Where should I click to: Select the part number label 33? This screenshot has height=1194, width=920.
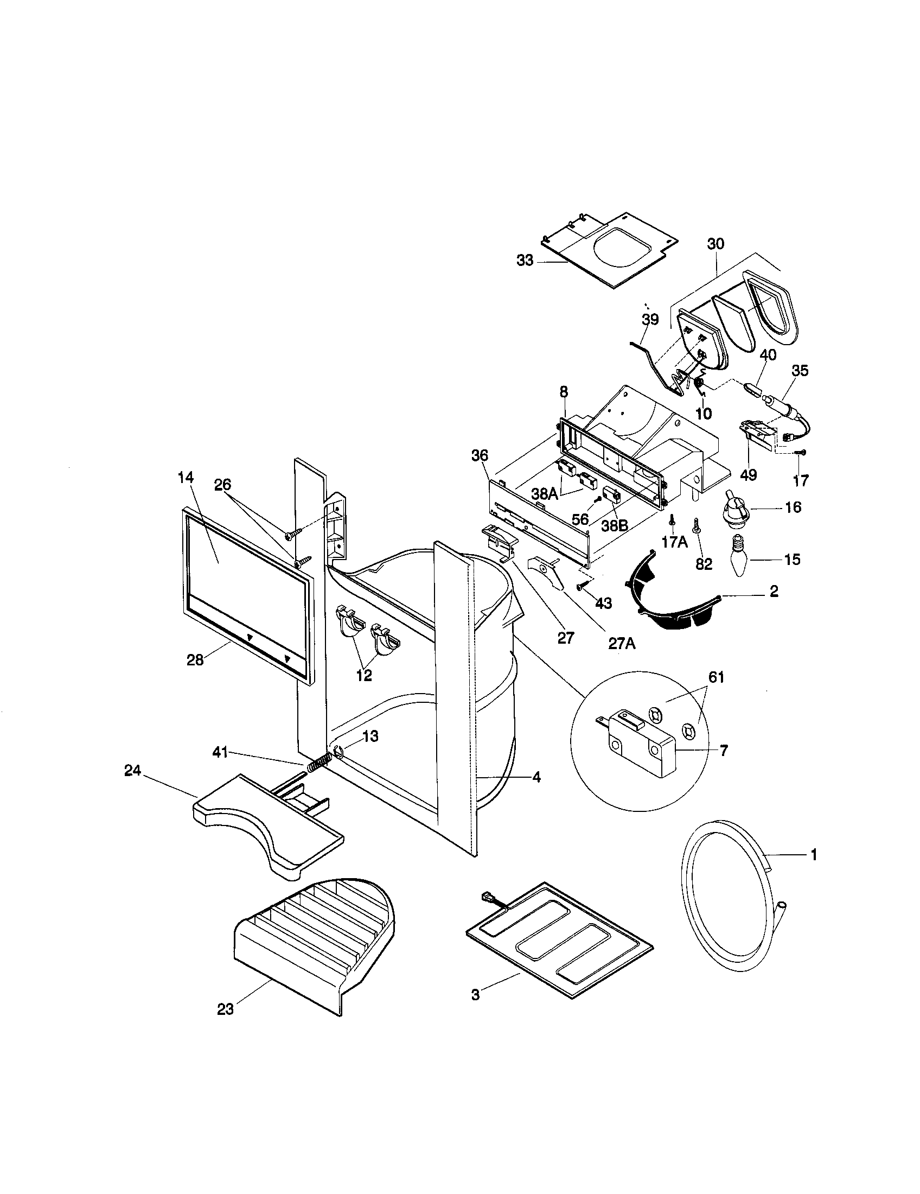(525, 261)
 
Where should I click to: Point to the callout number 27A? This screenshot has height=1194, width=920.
(622, 644)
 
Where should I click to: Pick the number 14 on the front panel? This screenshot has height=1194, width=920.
(186, 477)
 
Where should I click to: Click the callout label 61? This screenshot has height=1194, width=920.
(716, 677)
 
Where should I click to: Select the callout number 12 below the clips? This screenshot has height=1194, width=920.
(364, 675)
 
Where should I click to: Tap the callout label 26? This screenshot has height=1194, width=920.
(222, 484)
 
